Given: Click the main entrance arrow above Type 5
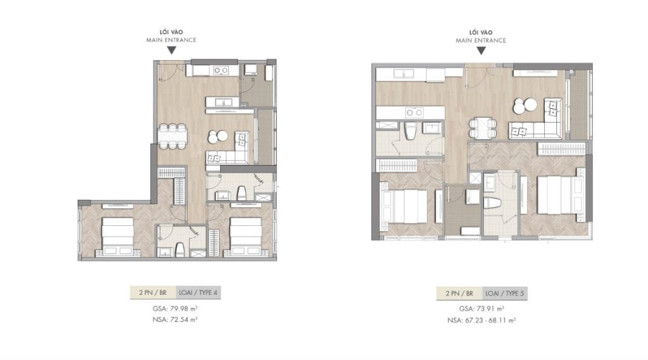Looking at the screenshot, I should pyautogui.click(x=481, y=49).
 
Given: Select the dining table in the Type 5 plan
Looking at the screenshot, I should pyautogui.click(x=481, y=128).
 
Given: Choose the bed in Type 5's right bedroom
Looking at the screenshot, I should pyautogui.click(x=559, y=196).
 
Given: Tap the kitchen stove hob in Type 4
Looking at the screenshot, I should pyautogui.click(x=221, y=70).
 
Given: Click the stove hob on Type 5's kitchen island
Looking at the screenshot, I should pyautogui.click(x=414, y=113).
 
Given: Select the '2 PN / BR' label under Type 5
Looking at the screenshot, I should pyautogui.click(x=459, y=294).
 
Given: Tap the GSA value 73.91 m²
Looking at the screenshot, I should pyautogui.click(x=482, y=309).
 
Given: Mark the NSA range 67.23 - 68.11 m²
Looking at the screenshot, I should pyautogui.click(x=482, y=320).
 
